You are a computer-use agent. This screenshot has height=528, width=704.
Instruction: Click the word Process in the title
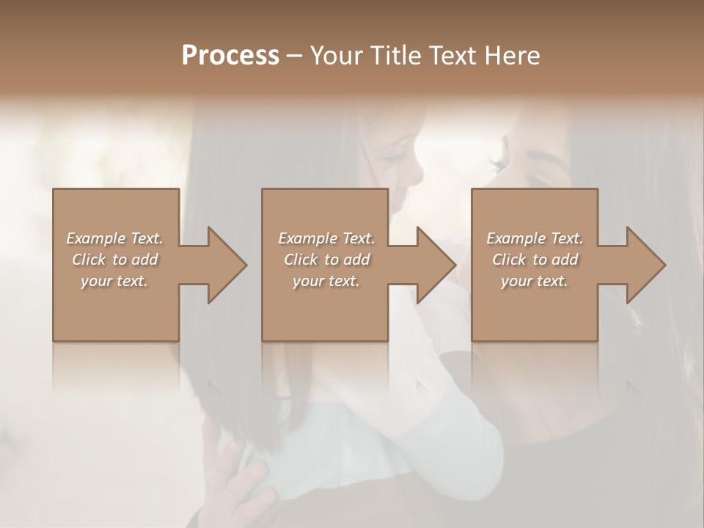pos(230,56)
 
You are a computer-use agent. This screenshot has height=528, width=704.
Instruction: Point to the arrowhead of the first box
pos(223,265)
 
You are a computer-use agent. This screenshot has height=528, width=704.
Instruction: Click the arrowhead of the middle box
pos(433,265)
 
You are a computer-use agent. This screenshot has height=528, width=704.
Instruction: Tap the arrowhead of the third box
pos(642,265)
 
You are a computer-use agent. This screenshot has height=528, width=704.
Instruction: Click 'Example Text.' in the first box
pos(115,238)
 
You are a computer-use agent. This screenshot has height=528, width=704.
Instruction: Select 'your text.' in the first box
pos(115,281)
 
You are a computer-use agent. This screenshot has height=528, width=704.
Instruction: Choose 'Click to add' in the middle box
pos(326,260)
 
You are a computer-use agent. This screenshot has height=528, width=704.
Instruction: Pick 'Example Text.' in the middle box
pos(326,238)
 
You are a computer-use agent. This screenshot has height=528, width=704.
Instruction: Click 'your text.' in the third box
pos(535,281)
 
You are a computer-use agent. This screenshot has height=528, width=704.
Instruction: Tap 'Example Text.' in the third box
pos(535,238)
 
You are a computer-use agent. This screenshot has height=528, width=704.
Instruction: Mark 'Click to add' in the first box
pos(115,260)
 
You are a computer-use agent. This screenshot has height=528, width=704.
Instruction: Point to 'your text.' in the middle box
pos(326,281)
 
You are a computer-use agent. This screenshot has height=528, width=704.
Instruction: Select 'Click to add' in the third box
pos(535,260)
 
